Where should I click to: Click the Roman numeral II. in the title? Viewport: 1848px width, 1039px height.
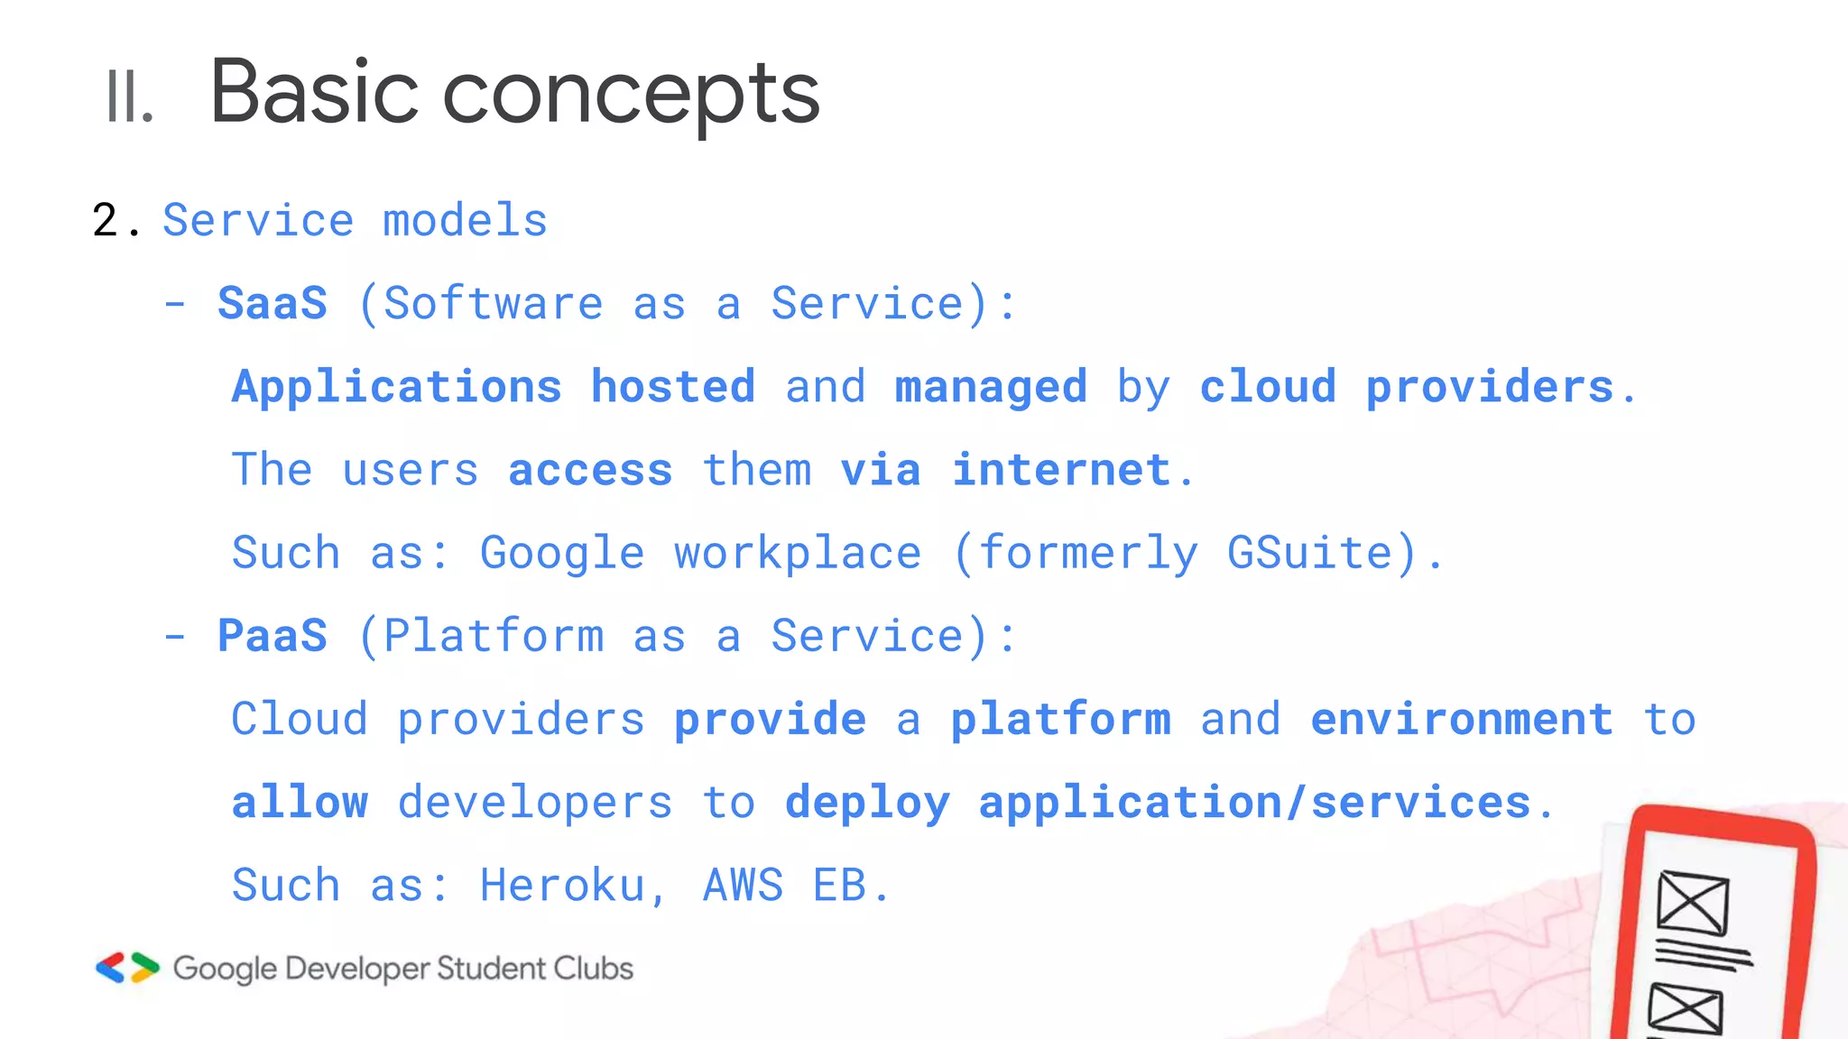(129, 97)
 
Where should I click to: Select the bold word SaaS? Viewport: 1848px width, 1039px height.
(273, 303)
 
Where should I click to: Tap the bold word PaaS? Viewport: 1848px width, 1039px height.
(273, 636)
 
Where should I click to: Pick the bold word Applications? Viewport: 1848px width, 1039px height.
(397, 387)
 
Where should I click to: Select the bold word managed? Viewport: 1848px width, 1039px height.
(991, 387)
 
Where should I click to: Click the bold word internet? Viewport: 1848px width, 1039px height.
(1061, 470)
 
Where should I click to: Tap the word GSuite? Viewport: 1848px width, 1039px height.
(1310, 553)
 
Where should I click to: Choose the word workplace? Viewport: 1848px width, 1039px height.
(798, 553)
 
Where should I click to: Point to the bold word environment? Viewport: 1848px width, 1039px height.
(1462, 719)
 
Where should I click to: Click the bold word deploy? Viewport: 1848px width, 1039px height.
(867, 802)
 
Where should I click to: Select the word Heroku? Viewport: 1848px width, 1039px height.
(562, 885)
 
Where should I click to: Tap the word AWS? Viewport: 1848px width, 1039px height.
(743, 885)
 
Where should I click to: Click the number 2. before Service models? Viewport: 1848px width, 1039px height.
(115, 220)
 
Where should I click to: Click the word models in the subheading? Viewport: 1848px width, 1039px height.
(465, 220)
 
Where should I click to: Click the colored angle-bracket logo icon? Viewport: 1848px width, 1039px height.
(127, 968)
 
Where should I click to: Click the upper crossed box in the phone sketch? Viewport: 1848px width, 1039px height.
(1693, 903)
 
